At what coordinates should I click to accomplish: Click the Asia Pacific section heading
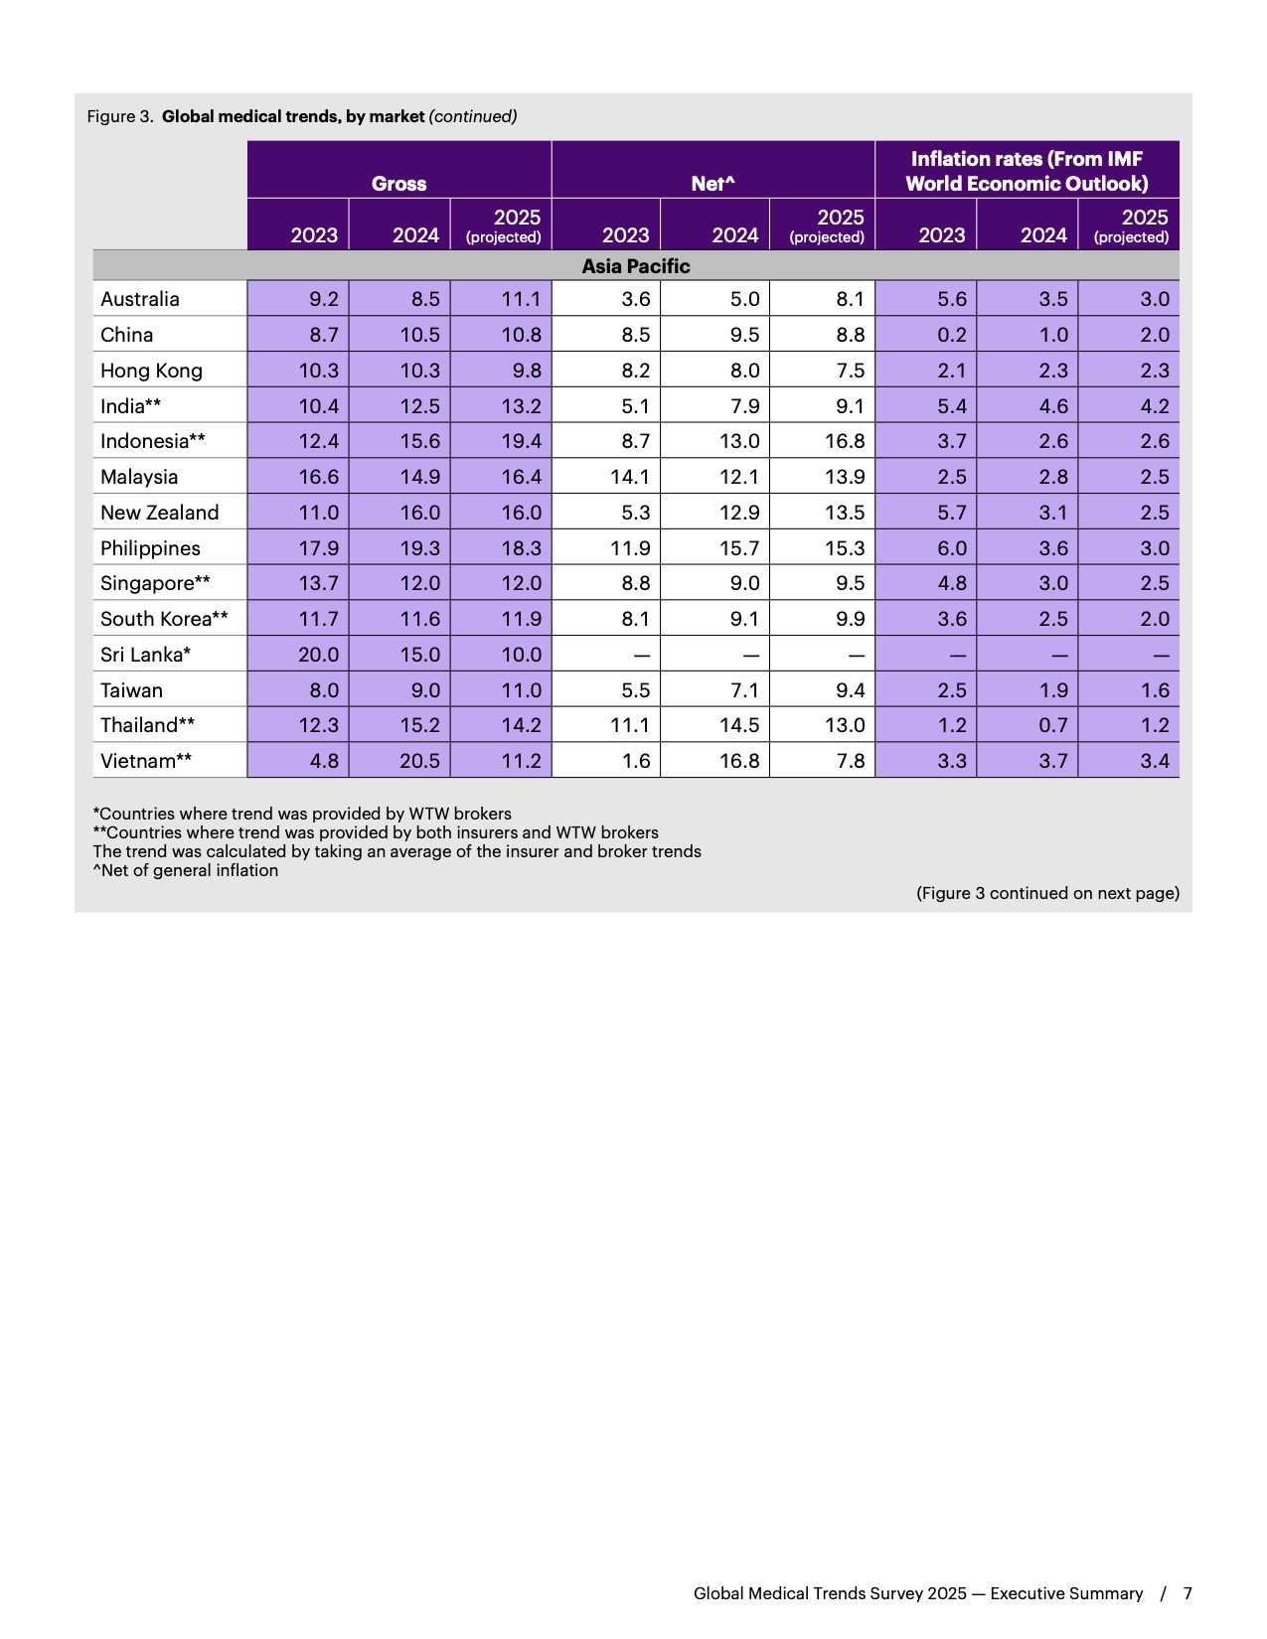tap(635, 266)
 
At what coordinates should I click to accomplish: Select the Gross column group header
tap(398, 183)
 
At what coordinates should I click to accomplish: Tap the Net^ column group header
tap(713, 183)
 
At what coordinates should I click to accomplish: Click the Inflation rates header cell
tap(1027, 171)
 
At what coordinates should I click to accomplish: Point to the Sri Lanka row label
tap(145, 655)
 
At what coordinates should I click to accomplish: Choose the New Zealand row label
tap(159, 513)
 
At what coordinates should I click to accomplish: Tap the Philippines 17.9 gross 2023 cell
tap(318, 548)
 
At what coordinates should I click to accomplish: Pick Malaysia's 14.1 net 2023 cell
tap(629, 477)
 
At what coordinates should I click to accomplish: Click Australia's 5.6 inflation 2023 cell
tap(951, 299)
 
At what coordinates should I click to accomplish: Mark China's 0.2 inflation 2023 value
tap(951, 335)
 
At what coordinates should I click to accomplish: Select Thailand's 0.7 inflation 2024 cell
tap(1052, 725)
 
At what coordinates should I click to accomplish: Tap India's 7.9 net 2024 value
tap(744, 406)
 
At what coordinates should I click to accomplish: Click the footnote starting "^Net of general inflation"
tap(186, 870)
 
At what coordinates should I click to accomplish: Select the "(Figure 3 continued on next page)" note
tap(1047, 893)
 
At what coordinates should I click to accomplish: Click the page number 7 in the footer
tap(1188, 1593)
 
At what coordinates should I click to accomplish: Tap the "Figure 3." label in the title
tap(119, 116)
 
